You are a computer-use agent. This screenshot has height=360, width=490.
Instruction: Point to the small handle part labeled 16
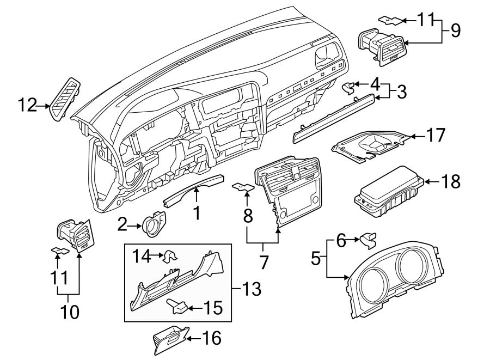[x=169, y=340]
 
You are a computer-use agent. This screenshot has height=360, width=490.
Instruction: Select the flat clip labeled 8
[x=243, y=188]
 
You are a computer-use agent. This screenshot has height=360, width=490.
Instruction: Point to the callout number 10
[x=69, y=312]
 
